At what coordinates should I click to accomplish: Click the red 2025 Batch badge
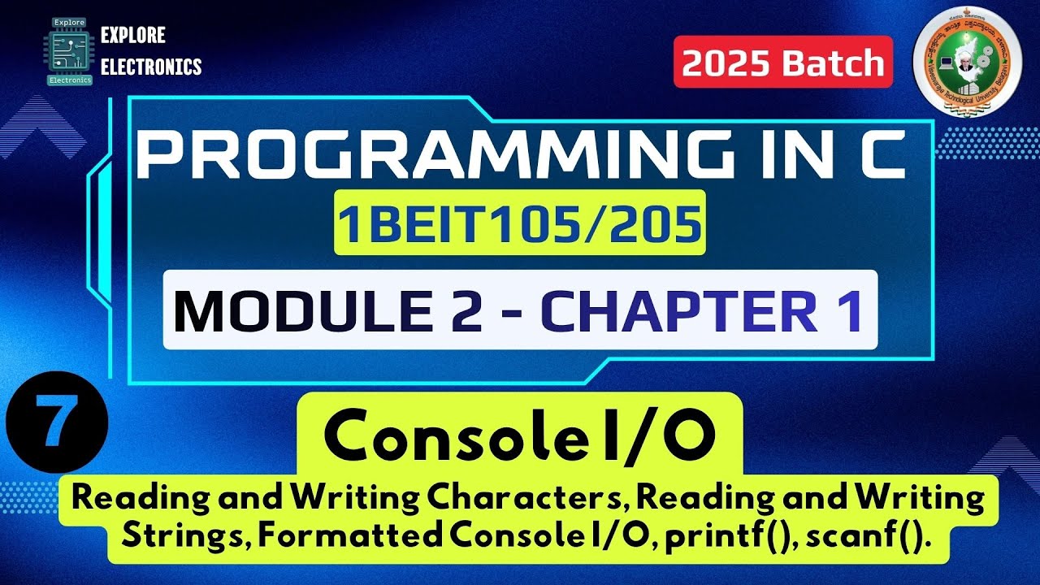click(x=783, y=63)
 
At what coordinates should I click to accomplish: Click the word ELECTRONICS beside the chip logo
click(x=151, y=67)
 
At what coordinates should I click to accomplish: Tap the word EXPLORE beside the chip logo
click(x=132, y=36)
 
